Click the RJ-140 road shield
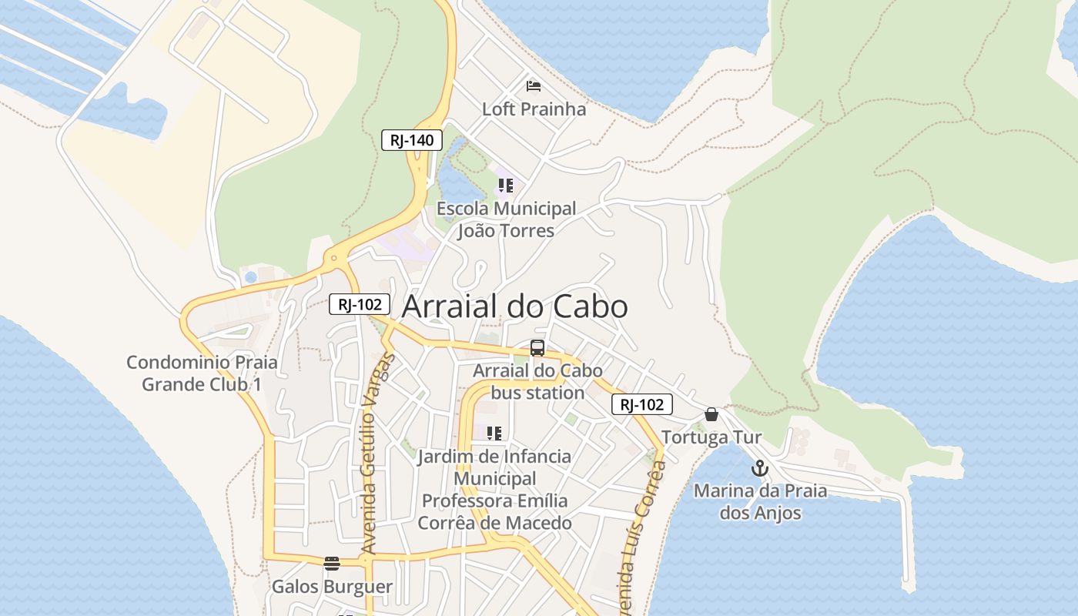tap(412, 140)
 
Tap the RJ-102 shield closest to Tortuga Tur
tap(642, 404)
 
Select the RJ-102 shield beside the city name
tap(360, 304)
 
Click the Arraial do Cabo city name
tap(514, 306)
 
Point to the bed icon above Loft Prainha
tap(534, 85)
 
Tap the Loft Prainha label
tap(534, 109)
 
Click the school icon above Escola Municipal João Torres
tap(505, 186)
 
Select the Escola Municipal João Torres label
tap(506, 219)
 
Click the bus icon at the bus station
tap(537, 348)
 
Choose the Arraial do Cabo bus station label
tap(537, 382)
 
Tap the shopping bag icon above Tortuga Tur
tap(711, 414)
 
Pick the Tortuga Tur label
tap(711, 437)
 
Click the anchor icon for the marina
tap(760, 467)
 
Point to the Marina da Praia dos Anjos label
tap(760, 502)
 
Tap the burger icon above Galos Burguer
tap(332, 564)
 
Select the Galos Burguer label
tap(332, 587)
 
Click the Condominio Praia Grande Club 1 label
tap(202, 373)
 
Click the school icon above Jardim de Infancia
tap(494, 434)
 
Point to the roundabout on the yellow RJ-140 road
tap(333, 259)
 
